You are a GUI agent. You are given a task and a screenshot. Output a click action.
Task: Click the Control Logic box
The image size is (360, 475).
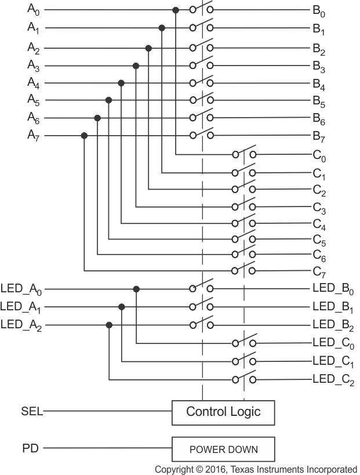(x=223, y=412)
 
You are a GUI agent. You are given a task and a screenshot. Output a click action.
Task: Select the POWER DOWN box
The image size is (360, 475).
(x=223, y=449)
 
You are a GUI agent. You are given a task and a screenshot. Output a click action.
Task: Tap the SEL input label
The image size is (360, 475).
(x=31, y=411)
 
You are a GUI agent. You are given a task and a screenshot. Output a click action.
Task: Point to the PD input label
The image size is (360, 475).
(x=30, y=448)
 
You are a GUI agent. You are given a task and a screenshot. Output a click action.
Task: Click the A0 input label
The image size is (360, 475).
(x=34, y=9)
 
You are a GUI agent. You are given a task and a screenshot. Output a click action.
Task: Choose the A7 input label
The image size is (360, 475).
(x=34, y=135)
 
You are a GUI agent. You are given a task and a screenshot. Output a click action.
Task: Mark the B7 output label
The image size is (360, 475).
(x=319, y=136)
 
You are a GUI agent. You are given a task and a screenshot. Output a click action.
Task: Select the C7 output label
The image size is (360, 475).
(x=319, y=271)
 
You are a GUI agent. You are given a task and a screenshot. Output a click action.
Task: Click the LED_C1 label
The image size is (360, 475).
(x=333, y=361)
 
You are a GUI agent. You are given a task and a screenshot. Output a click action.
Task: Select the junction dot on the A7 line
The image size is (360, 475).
(x=84, y=136)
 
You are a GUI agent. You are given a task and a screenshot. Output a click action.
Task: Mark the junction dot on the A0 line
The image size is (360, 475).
(x=175, y=10)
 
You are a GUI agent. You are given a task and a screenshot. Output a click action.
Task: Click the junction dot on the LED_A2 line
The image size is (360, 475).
(x=109, y=324)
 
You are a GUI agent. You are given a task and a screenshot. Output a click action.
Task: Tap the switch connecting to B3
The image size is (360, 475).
(x=202, y=66)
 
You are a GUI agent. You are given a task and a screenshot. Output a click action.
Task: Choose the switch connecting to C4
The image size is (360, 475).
(x=244, y=223)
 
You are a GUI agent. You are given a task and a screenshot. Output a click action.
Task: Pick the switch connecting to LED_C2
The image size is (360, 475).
(x=244, y=380)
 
